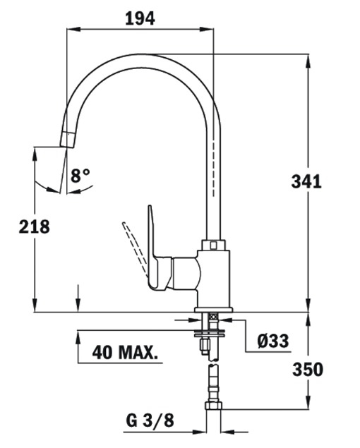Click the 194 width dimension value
point(140,18)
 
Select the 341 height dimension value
point(306,181)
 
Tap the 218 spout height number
point(35,227)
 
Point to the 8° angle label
point(80,176)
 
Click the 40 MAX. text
point(125,352)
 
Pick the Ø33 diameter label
point(272,341)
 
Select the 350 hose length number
point(308,369)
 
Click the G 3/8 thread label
point(150,420)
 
